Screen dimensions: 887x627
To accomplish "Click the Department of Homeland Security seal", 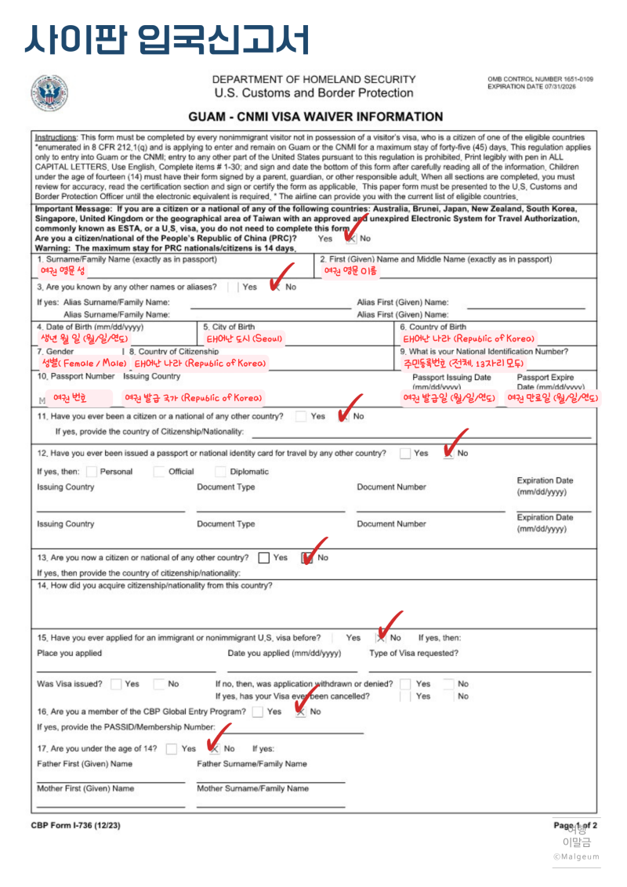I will click(49, 93).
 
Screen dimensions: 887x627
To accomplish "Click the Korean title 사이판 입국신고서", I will click(166, 38).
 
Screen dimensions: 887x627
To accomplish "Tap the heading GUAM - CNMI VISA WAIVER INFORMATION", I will click(315, 117).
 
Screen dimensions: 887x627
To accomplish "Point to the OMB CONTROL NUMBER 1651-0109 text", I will click(540, 80).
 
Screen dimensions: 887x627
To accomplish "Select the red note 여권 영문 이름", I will click(350, 271).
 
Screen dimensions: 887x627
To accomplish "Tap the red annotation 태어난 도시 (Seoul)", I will click(245, 339).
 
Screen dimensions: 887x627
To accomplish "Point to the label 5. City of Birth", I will click(229, 327).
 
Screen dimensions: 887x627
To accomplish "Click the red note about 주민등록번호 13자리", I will click(463, 364).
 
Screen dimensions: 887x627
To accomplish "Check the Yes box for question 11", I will click(301, 417).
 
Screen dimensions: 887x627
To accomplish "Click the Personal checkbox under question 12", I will click(92, 472).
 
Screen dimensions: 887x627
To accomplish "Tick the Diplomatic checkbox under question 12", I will click(221, 472).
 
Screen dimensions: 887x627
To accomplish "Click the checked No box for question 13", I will click(307, 558).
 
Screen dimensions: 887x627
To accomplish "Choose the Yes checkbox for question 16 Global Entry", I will click(258, 711).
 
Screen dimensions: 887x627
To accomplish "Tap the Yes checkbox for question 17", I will click(172, 748).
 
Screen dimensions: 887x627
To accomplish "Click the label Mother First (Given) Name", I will click(85, 788).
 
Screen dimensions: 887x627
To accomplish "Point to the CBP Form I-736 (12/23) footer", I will click(76, 826).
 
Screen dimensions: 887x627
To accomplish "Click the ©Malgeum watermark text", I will click(576, 856).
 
